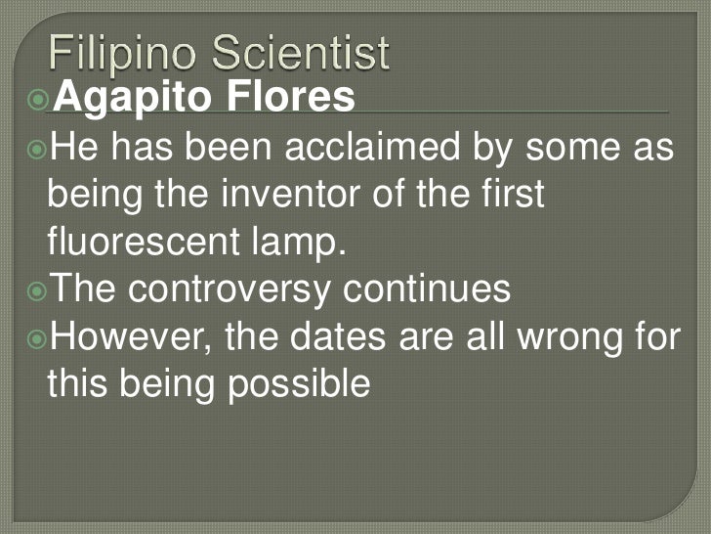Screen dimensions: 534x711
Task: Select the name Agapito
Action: click(x=121, y=99)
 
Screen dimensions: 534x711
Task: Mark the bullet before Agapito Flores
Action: click(x=38, y=99)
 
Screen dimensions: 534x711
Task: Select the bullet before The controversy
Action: click(x=38, y=290)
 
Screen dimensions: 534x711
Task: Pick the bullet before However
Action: click(x=38, y=337)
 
